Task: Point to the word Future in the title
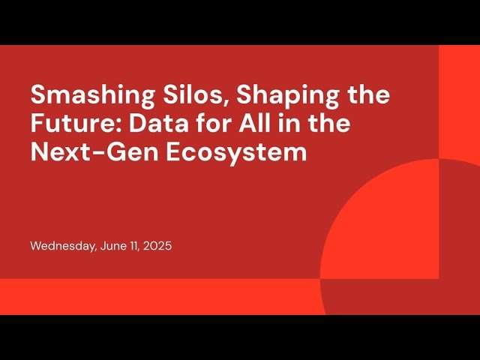coord(67,124)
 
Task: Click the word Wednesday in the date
coord(62,246)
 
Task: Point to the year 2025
coord(158,246)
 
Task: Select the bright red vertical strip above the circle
coord(459,97)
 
